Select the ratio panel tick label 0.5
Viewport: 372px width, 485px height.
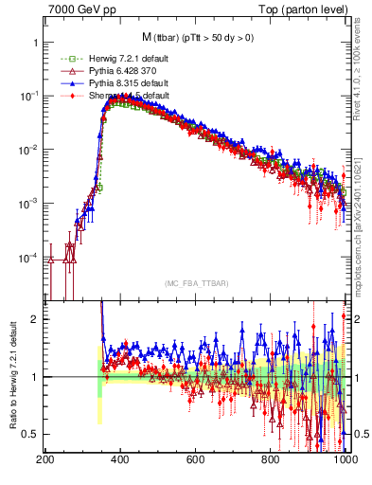(28, 434)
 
